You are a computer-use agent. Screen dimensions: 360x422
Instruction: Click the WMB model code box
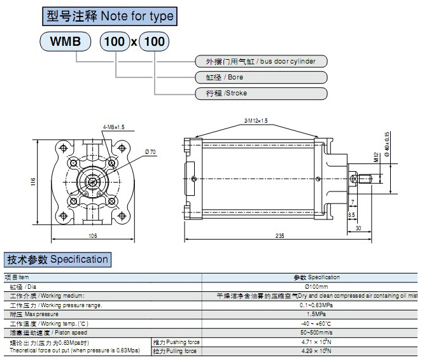tap(66, 42)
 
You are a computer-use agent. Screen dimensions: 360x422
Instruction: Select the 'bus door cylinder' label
tap(261, 62)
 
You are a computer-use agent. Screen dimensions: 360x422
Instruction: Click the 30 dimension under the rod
tap(359, 228)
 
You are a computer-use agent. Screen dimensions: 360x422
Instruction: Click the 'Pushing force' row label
tap(176, 342)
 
